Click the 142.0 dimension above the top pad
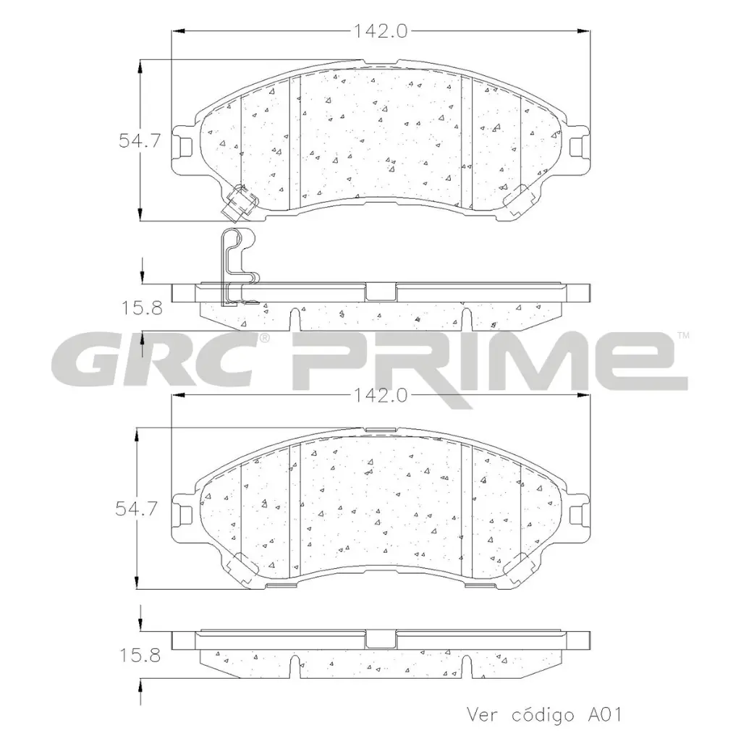tap(381, 30)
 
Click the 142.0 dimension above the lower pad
tap(381, 395)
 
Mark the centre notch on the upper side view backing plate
tap(381, 291)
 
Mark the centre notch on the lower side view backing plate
tap(381, 639)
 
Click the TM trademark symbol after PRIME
tap(682, 335)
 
